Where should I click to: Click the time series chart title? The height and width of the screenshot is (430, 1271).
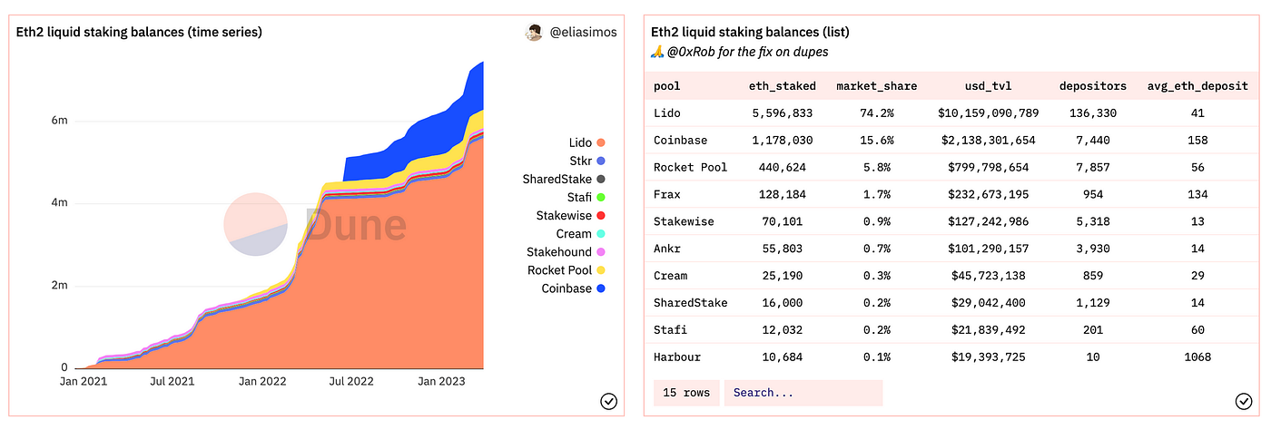pos(139,32)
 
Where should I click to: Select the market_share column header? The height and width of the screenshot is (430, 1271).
pos(876,86)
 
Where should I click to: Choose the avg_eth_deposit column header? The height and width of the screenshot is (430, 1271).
pos(1197,86)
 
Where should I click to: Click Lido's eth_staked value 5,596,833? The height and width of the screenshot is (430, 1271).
pos(781,113)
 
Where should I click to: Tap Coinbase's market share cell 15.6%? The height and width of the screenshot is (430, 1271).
pos(876,141)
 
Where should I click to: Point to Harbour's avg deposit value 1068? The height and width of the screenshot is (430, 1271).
pos(1197,357)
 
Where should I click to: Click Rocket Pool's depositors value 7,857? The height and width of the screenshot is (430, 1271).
pos(1092,167)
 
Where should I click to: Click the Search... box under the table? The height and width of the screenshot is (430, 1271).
pos(803,393)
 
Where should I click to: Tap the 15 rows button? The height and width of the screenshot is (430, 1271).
pos(685,393)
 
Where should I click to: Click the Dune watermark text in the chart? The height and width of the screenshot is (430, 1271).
pos(356,225)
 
